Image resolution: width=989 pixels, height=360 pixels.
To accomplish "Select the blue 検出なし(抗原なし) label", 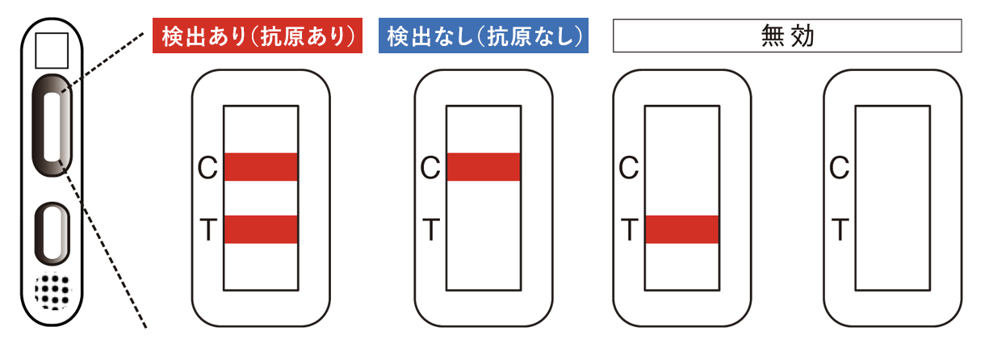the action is click(x=483, y=36).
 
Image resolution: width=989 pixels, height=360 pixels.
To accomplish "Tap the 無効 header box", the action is click(x=787, y=36).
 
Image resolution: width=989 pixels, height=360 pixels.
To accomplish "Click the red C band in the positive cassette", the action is click(x=261, y=167).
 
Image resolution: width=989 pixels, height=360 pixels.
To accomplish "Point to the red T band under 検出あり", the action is click(x=261, y=229).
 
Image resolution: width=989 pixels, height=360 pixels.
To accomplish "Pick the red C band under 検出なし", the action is click(x=484, y=167).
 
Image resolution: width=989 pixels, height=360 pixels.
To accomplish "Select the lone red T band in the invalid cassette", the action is click(x=682, y=229).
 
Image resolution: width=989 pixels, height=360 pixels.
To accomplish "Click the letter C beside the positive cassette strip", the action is click(x=207, y=168).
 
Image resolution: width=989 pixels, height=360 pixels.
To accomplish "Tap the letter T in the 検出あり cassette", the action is click(x=207, y=231).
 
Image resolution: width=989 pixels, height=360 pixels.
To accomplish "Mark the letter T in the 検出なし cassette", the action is click(x=430, y=231).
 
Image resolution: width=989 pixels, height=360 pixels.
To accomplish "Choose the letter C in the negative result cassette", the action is click(x=430, y=168).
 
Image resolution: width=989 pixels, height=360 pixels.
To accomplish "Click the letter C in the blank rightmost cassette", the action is click(x=840, y=168).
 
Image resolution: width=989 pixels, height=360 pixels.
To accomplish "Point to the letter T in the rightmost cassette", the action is click(x=840, y=231).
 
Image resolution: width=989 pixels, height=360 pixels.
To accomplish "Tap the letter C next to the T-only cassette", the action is click(x=629, y=168).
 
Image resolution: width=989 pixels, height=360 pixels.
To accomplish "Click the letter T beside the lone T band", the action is click(x=629, y=231).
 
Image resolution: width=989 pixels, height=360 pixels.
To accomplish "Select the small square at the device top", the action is click(x=51, y=50).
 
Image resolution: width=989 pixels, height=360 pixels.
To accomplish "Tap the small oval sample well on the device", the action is click(x=52, y=234).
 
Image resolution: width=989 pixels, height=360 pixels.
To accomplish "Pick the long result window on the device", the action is click(x=52, y=125).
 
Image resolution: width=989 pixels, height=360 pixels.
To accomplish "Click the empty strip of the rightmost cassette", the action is click(x=893, y=198).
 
